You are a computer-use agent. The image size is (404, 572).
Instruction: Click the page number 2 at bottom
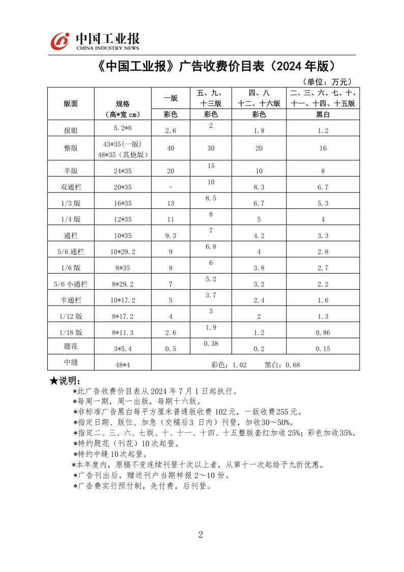(x=200, y=534)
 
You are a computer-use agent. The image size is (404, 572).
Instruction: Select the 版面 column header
(x=71, y=103)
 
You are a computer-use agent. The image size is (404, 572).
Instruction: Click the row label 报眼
(x=71, y=131)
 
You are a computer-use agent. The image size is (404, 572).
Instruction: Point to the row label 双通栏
(x=71, y=187)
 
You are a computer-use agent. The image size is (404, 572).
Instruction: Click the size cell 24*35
(x=123, y=171)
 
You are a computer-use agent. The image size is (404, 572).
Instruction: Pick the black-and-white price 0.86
(x=323, y=333)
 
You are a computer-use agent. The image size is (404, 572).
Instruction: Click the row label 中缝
(x=71, y=362)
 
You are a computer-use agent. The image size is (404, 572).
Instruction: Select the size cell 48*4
(x=123, y=365)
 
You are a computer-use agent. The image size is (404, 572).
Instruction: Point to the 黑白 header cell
(x=323, y=115)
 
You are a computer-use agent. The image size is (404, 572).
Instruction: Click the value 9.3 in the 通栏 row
(x=170, y=236)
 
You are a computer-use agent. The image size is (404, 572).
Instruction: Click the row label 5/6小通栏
(x=71, y=284)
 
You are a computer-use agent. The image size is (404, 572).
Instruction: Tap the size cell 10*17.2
(x=123, y=301)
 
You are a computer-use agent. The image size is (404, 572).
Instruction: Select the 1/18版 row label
(x=71, y=333)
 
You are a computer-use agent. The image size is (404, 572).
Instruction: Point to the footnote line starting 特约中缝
(x=110, y=454)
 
